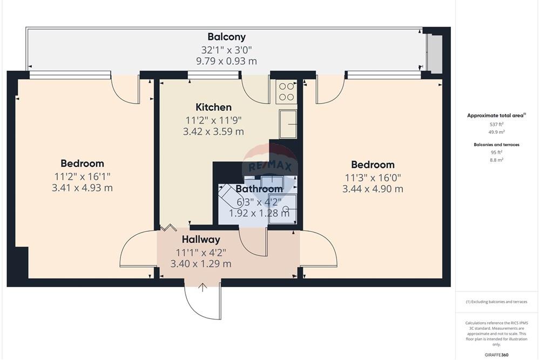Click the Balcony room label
tap(226, 37)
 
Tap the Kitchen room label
tap(213, 107)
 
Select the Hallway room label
tap(200, 240)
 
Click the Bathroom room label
tap(259, 189)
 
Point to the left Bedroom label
tap(82, 164)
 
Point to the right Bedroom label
tap(373, 165)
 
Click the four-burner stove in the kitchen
tap(286, 92)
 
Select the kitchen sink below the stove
tap(287, 124)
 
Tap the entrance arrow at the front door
tap(202, 287)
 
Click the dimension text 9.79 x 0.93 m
tap(226, 61)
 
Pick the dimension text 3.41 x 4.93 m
tap(82, 188)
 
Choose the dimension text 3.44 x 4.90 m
tap(373, 189)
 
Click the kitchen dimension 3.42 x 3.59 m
tap(213, 131)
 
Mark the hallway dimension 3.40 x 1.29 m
tap(200, 264)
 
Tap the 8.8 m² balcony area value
tap(496, 160)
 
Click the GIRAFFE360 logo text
tap(496, 355)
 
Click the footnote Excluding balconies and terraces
tap(496, 302)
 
